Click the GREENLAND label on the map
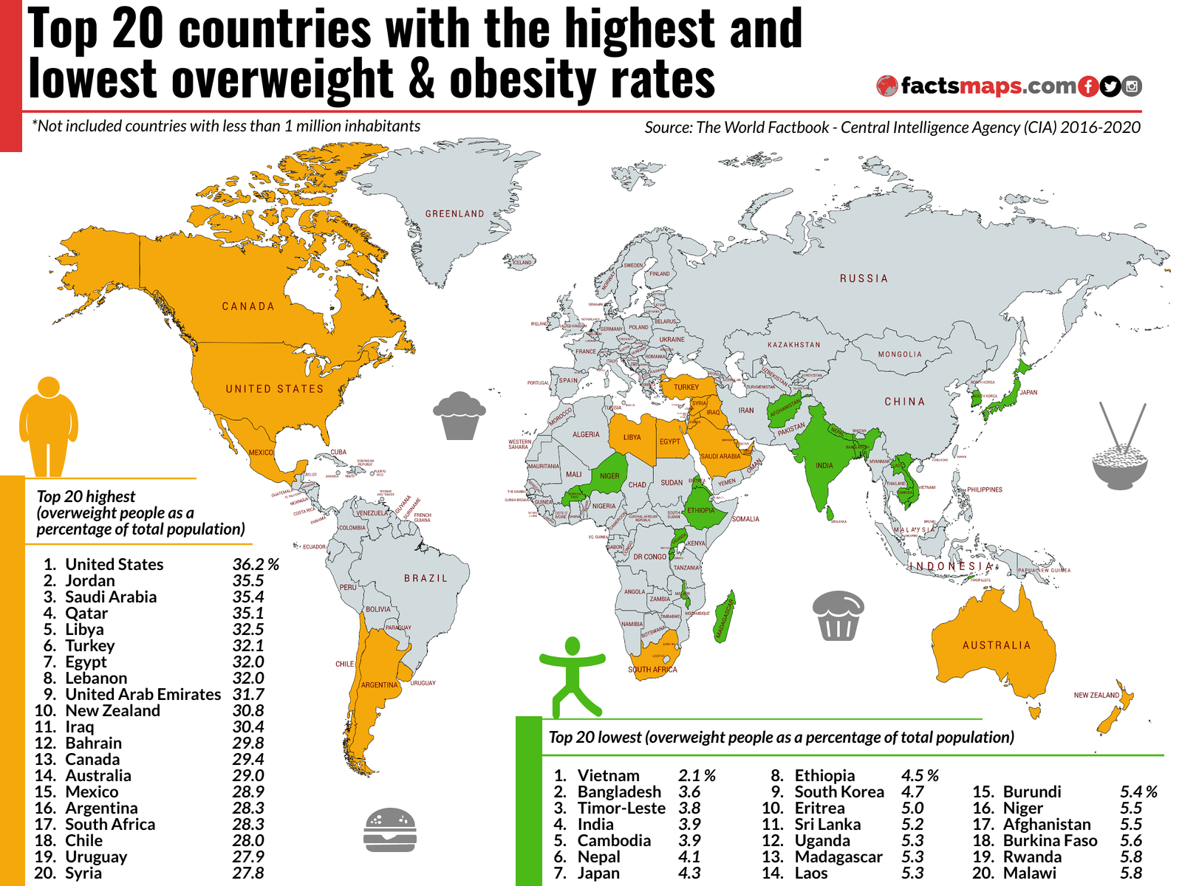(x=454, y=214)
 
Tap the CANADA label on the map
(x=248, y=306)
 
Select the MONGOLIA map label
(x=900, y=354)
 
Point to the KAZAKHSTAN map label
(x=793, y=345)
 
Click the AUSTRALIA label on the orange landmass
(x=996, y=645)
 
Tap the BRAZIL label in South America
(x=426, y=578)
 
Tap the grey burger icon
(x=390, y=830)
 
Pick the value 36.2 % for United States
(x=256, y=565)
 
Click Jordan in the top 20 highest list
(x=90, y=581)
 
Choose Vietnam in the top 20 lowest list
(x=608, y=776)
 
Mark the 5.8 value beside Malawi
(x=1130, y=873)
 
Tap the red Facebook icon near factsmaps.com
(x=1087, y=86)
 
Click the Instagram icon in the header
(x=1132, y=86)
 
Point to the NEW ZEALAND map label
(x=1096, y=696)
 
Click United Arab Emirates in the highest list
(x=143, y=695)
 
